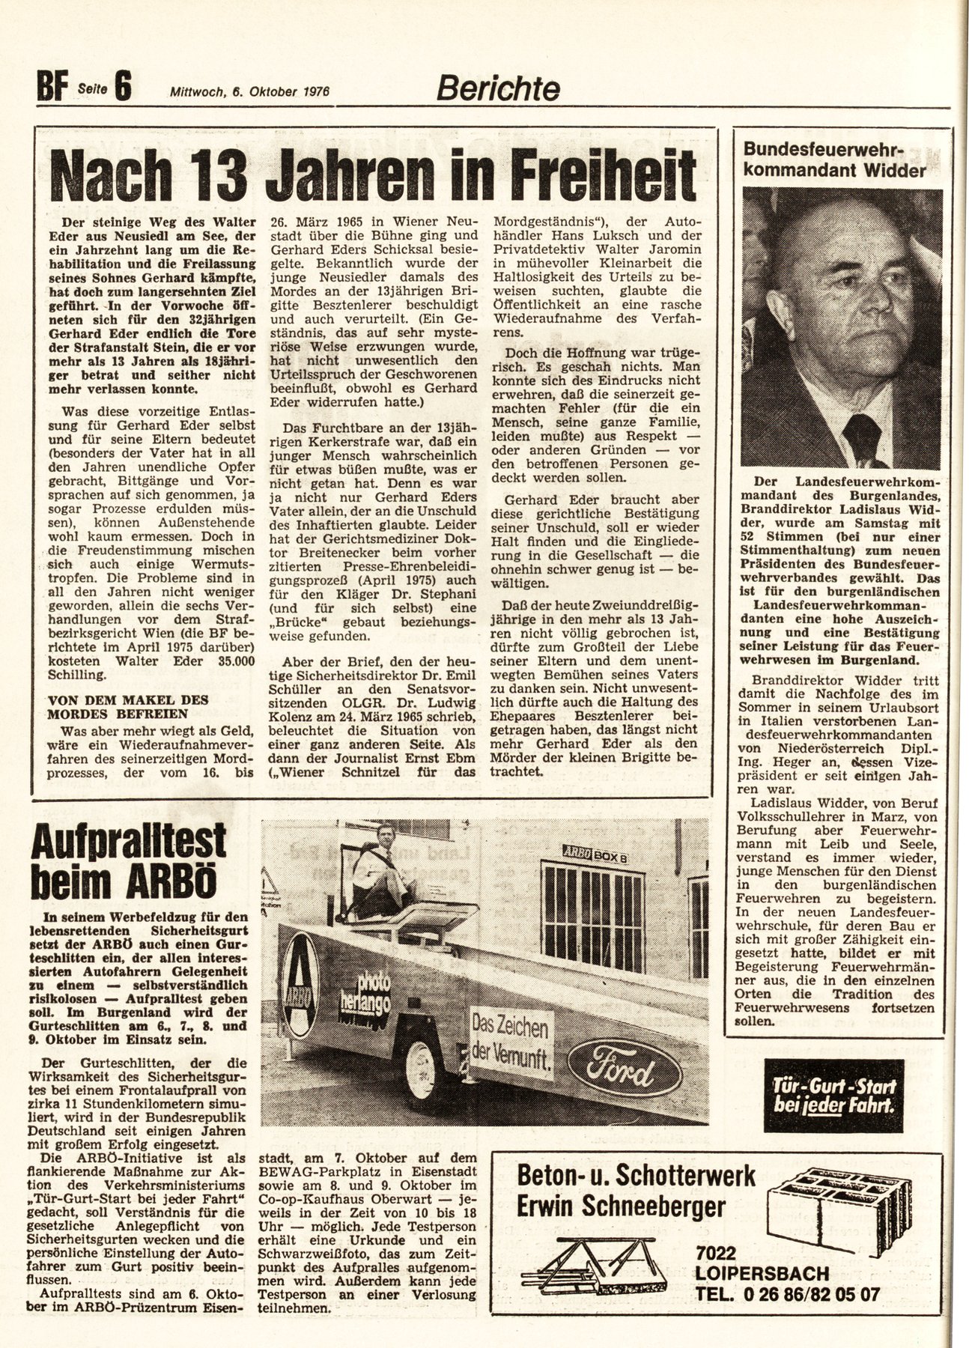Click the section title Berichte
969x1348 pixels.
(498, 90)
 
